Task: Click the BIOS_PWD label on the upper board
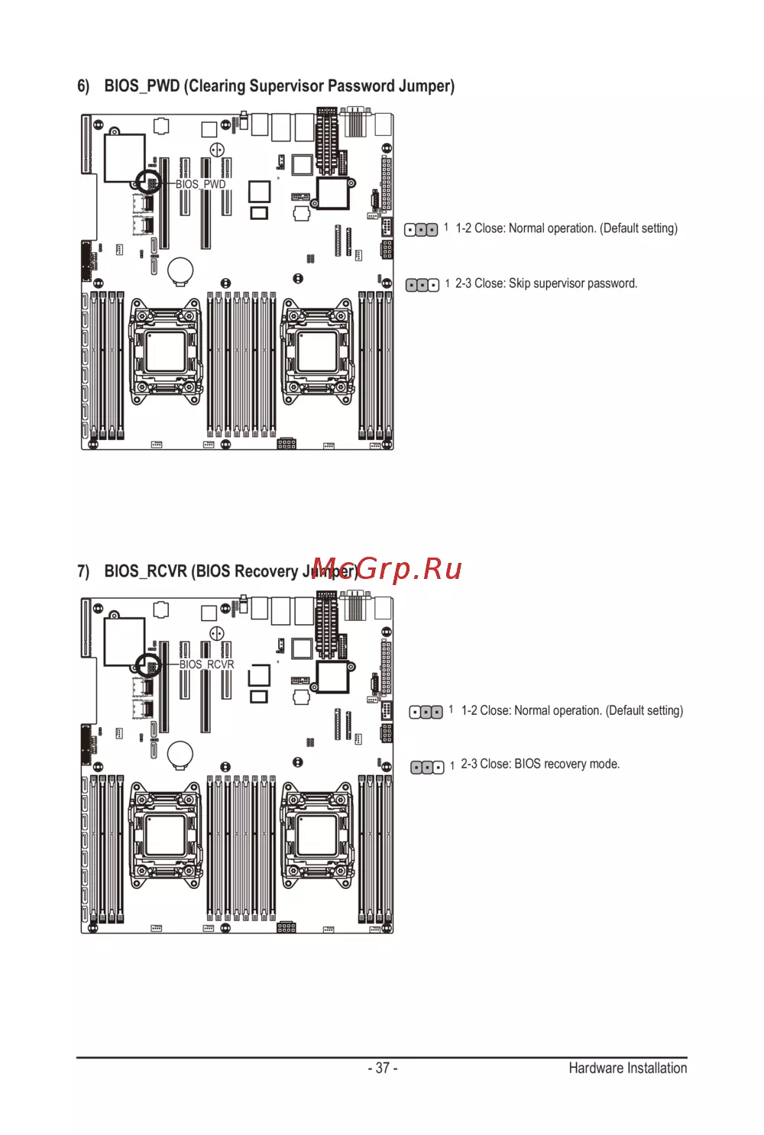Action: coord(200,184)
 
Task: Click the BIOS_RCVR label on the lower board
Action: coord(206,665)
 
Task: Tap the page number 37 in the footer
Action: coord(382,1068)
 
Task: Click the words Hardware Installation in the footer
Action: coord(627,1068)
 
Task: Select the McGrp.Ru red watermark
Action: coord(387,569)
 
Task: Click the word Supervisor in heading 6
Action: coord(286,86)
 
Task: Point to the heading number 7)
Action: coord(83,571)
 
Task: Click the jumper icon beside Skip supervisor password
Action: coord(422,285)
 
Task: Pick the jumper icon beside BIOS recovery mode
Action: coord(427,767)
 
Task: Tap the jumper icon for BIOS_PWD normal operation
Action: coord(421,230)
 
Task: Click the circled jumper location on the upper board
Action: coord(148,183)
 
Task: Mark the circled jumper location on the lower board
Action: coord(148,666)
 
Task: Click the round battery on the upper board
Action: coord(181,270)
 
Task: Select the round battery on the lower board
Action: coord(181,753)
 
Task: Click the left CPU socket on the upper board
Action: coord(166,351)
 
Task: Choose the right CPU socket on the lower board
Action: coord(317,835)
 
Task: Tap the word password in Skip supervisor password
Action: coord(612,283)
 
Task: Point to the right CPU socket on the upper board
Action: coord(317,351)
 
